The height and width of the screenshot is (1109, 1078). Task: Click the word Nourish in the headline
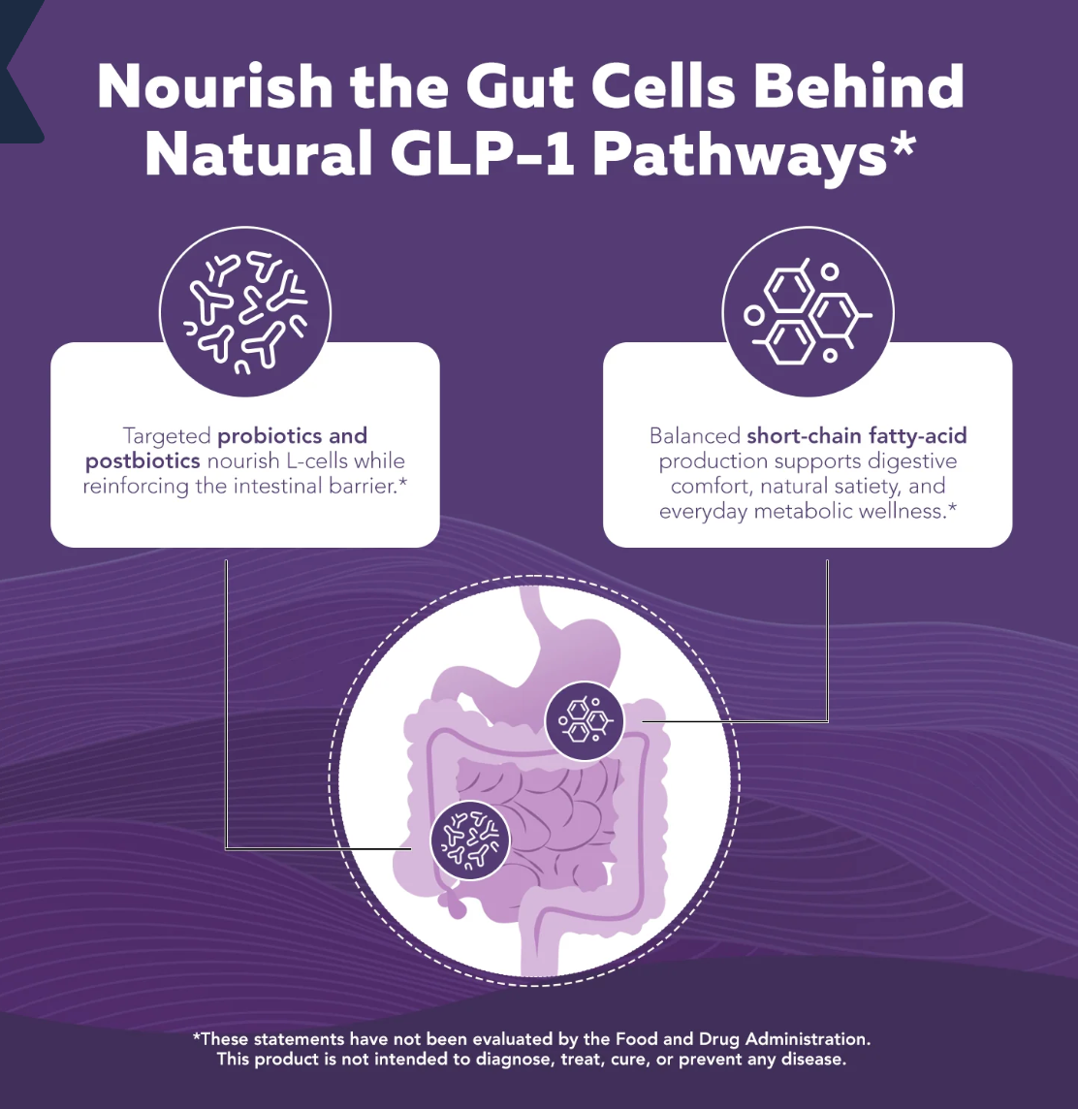tap(215, 86)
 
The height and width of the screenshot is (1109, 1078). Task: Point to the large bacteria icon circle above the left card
tap(245, 311)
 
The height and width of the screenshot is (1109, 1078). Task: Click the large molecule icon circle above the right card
tap(808, 311)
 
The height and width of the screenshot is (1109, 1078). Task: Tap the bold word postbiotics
tap(143, 461)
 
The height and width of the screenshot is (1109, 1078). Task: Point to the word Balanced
tap(695, 435)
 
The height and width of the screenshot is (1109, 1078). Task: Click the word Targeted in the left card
tap(167, 436)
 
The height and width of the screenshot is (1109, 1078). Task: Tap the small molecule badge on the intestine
tap(585, 720)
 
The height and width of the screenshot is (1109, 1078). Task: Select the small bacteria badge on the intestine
tap(469, 840)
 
